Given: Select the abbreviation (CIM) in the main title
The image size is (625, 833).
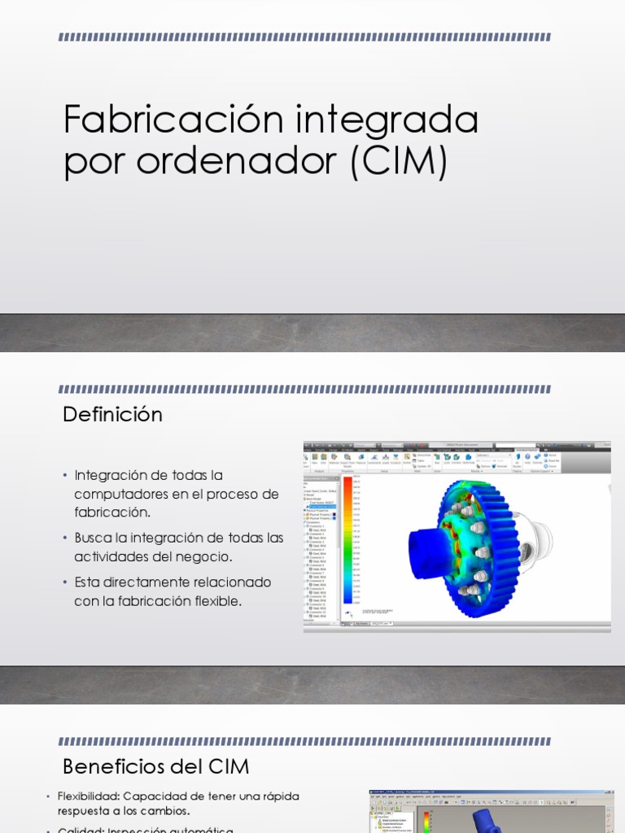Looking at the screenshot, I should pos(399,161).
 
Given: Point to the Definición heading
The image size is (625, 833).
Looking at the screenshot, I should pos(113,415).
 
